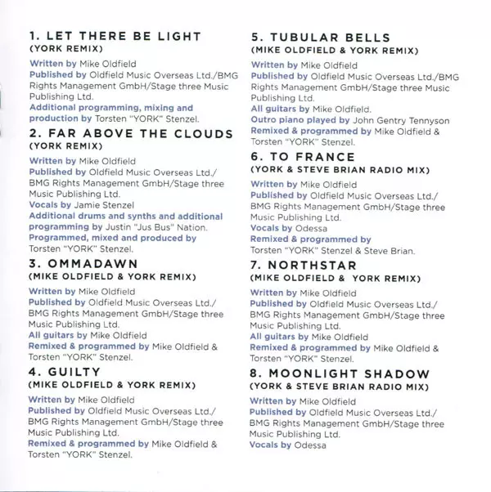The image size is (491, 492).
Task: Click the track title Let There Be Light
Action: (123, 37)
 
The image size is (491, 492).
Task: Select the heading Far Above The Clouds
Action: (139, 133)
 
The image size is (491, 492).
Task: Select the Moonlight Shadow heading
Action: (349, 374)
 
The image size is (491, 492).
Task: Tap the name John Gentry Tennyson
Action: (401, 120)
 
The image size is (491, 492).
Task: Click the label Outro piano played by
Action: (300, 120)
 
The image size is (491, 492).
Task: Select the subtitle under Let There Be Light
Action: (62, 49)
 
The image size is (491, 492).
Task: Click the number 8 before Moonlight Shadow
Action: (255, 374)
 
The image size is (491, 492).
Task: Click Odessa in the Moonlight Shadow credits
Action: (311, 445)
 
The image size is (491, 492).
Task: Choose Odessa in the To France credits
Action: (311, 229)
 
